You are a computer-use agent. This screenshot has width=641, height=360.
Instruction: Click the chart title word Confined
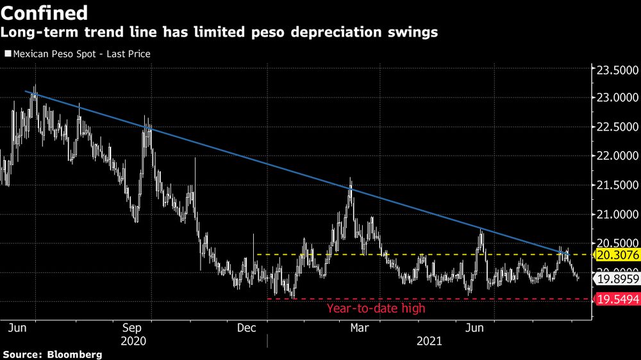46,12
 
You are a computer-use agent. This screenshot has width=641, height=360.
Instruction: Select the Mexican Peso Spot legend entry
81,54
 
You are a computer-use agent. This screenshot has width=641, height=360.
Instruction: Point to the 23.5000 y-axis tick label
613,69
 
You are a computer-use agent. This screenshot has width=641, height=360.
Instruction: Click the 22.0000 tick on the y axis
613,156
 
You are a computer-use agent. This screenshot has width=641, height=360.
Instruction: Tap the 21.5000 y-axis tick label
613,185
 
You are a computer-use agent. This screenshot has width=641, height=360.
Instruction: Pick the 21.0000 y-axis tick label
613,214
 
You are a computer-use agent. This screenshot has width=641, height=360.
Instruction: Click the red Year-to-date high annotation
376,308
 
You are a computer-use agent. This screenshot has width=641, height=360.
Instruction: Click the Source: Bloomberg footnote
52,354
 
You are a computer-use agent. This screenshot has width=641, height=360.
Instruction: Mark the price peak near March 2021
350,180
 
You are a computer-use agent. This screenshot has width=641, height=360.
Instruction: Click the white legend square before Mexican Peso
7,54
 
